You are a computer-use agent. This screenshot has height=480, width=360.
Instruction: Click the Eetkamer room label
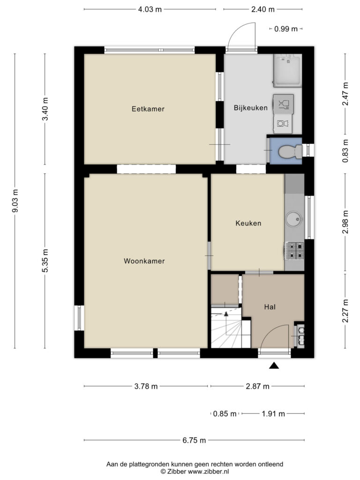pyautogui.click(x=148, y=109)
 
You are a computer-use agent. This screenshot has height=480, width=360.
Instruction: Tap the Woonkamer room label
pyautogui.click(x=144, y=261)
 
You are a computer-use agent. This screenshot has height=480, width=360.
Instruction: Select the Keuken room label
pyautogui.click(x=248, y=224)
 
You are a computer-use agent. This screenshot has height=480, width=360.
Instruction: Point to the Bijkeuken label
pyautogui.click(x=251, y=108)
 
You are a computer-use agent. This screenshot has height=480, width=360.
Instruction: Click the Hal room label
pyautogui.click(x=270, y=307)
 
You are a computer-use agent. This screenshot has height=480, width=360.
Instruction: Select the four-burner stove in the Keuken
pyautogui.click(x=295, y=251)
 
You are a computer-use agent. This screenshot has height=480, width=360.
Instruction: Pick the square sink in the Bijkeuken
pyautogui.click(x=288, y=70)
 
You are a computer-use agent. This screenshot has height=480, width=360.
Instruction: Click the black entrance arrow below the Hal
pyautogui.click(x=274, y=365)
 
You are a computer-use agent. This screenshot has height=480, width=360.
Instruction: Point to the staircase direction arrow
pyautogui.click(x=226, y=314)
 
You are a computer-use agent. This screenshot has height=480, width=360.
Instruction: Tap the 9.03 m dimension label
pyautogui.click(x=15, y=201)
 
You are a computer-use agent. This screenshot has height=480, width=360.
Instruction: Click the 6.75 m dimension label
pyautogui.click(x=194, y=441)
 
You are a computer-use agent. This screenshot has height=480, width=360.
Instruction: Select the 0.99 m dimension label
pyautogui.click(x=286, y=29)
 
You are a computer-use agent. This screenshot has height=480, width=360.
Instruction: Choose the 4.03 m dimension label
pyautogui.click(x=150, y=9)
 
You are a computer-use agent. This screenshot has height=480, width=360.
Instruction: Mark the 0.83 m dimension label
pyautogui.click(x=345, y=151)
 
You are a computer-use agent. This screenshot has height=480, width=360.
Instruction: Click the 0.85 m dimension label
pyautogui.click(x=225, y=414)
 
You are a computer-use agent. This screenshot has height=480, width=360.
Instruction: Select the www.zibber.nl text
pyautogui.click(x=208, y=472)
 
